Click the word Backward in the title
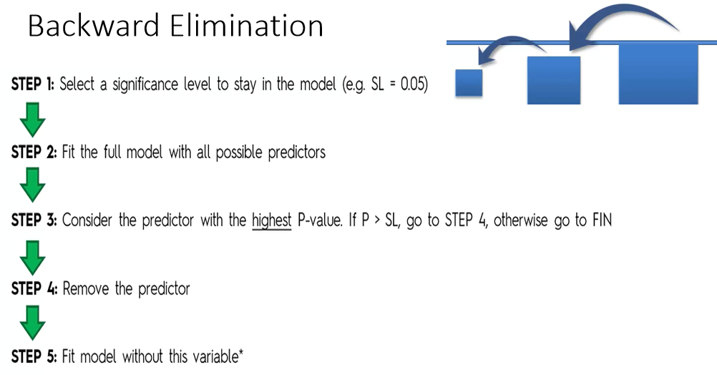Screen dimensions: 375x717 coord(94,26)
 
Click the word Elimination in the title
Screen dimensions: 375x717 coord(247,26)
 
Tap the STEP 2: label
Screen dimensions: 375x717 coord(34,152)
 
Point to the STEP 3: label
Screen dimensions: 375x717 coord(34,220)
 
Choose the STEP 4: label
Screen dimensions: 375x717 coord(34,288)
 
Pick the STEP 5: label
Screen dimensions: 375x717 coord(34,356)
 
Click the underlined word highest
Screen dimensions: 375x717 coord(271,220)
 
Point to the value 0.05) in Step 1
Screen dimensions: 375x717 coord(414,84)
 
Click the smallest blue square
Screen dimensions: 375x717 coord(469,82)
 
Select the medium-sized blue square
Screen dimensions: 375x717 coord(553,80)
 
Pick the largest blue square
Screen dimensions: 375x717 coord(658,74)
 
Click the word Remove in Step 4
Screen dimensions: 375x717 coord(87,288)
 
